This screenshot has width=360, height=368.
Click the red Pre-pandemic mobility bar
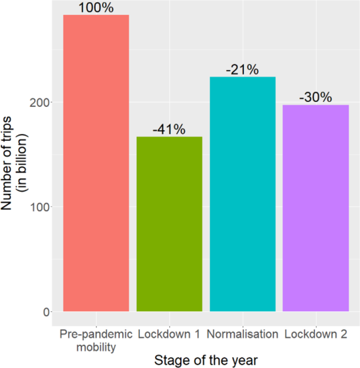(96, 163)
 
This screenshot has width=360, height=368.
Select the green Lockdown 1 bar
(169, 224)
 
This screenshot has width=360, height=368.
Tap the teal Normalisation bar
(242, 194)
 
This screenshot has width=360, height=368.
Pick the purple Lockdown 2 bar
(315, 208)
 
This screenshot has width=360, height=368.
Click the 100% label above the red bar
(96, 8)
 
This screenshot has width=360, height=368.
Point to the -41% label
(169, 130)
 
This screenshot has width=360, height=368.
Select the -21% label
(242, 70)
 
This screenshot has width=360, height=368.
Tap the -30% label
(315, 98)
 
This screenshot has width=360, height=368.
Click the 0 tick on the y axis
(46, 312)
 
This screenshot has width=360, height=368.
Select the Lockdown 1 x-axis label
(169, 334)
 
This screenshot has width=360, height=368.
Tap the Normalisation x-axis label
(242, 334)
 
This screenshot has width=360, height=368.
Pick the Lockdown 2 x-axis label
(315, 334)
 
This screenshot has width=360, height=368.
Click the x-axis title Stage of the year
(205, 360)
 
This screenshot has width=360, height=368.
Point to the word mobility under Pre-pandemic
(96, 346)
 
